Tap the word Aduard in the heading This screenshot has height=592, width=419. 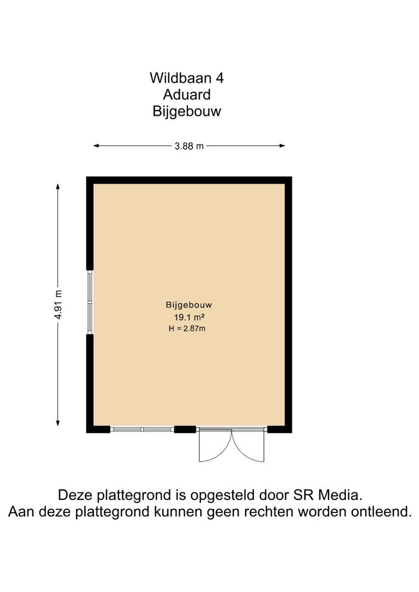point(186,94)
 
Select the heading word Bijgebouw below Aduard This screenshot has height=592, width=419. point(186,112)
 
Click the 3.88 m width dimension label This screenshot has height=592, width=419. point(189,146)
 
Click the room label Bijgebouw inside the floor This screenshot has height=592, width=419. point(189,305)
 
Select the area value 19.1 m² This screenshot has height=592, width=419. point(189,317)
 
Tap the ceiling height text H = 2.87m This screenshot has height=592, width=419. point(187,328)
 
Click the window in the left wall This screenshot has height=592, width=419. point(90,302)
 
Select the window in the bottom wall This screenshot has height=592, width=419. point(142,429)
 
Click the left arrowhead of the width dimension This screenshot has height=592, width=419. point(96,146)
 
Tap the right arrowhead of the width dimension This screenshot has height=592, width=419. point(282,146)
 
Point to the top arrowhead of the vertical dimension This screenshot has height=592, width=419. point(58,186)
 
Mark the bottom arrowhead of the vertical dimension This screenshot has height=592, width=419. point(58,423)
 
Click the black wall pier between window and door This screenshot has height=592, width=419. point(185,429)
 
